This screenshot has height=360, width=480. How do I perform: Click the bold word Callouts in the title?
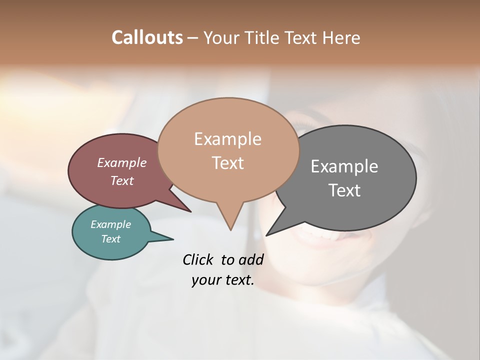click(147, 37)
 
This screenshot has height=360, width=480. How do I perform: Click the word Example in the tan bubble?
click(227, 139)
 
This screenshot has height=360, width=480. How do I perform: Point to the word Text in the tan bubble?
click(227, 163)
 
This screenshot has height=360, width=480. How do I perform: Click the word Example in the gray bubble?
click(344, 166)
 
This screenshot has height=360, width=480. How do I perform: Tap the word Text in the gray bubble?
click(344, 190)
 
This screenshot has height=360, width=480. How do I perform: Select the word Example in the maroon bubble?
click(121, 163)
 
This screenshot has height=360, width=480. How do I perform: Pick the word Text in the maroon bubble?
click(121, 180)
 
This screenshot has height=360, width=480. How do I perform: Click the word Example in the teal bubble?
click(110, 224)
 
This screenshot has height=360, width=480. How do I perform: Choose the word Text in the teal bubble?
click(110, 239)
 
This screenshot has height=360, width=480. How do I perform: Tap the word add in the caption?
click(250, 259)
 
